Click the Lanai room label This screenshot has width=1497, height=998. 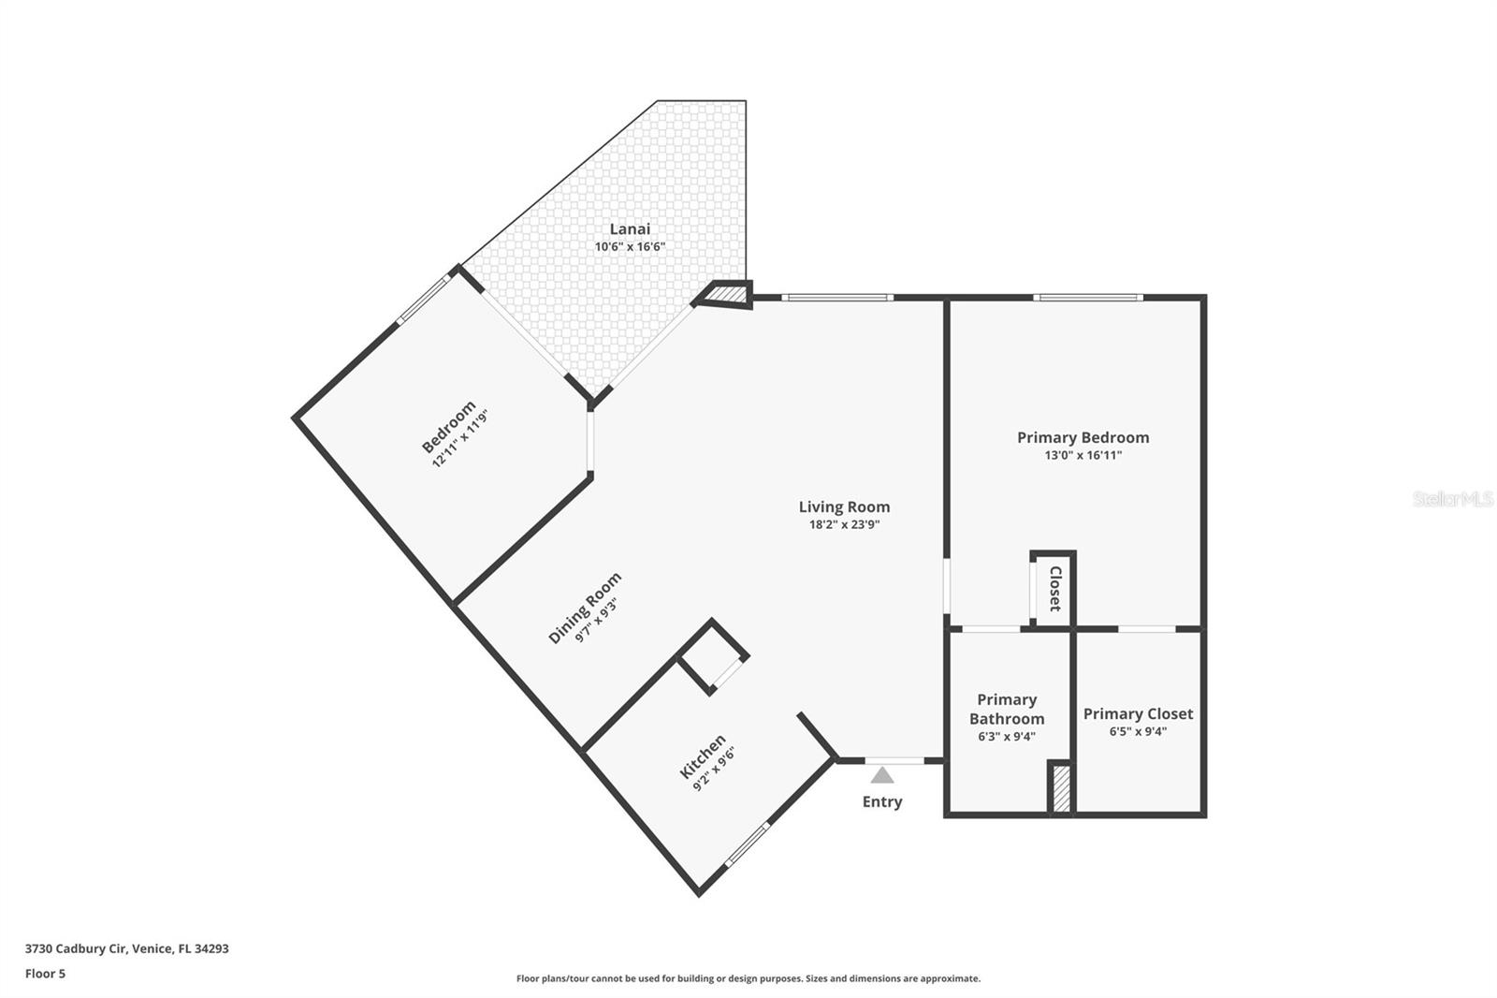(x=630, y=228)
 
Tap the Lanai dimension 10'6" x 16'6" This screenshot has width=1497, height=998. (x=630, y=247)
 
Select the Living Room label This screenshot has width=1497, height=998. (x=844, y=506)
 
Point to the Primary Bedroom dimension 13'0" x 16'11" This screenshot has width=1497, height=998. (x=1083, y=456)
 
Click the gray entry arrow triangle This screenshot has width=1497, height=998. (x=881, y=775)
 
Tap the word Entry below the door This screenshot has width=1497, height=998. (x=881, y=801)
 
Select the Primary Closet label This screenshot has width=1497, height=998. (x=1138, y=713)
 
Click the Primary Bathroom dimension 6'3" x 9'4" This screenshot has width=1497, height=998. (x=1006, y=736)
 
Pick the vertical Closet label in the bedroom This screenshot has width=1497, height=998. (x=1054, y=588)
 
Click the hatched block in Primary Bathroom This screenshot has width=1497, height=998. (x=1061, y=788)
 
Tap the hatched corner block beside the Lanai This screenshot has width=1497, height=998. (x=727, y=295)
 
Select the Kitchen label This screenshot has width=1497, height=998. (x=703, y=756)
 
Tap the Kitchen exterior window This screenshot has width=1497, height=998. (x=748, y=844)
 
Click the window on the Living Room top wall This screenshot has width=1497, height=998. (x=836, y=298)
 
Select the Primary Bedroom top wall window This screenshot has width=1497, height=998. (x=1088, y=298)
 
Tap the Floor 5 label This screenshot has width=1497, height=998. (x=45, y=974)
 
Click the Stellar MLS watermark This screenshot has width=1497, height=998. (x=1452, y=499)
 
